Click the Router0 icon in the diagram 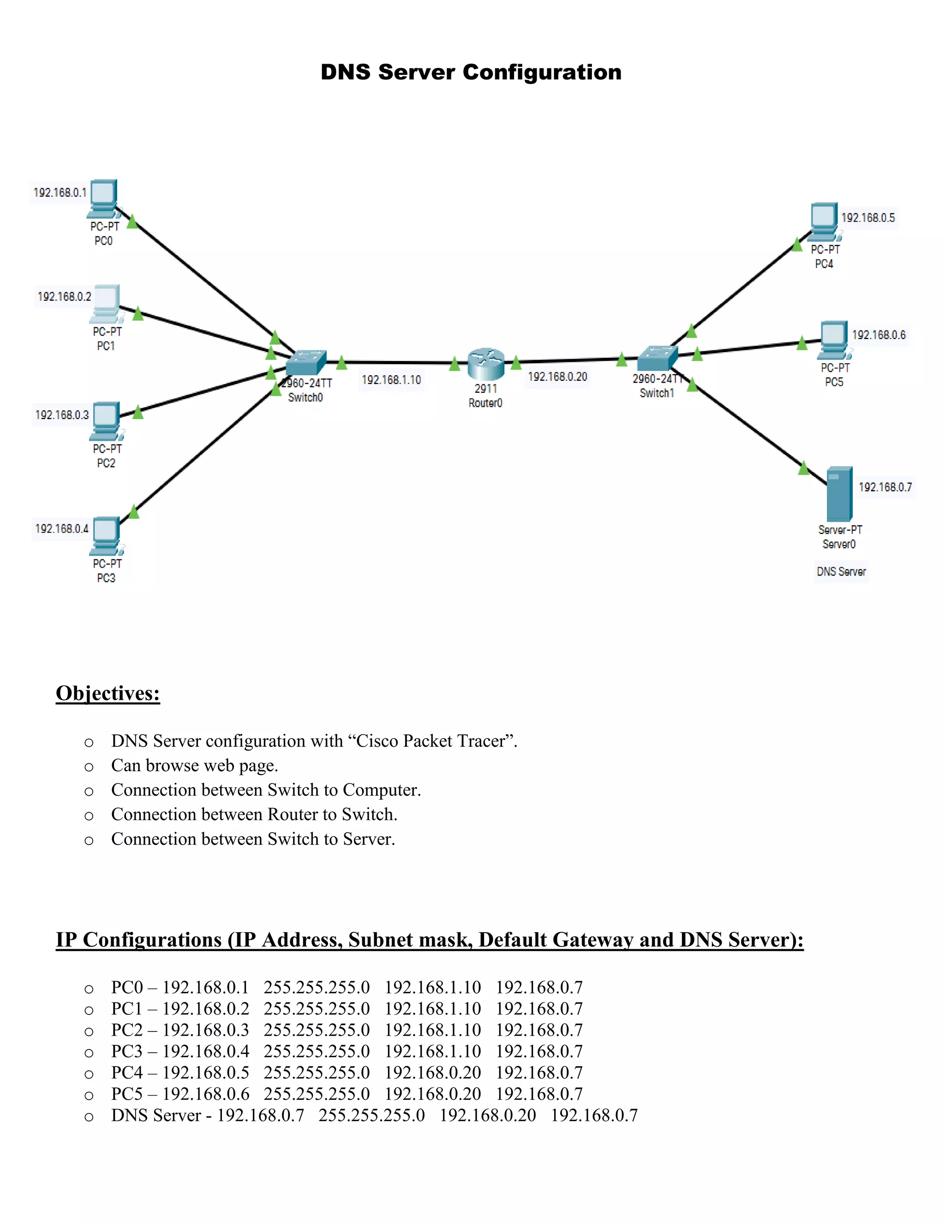point(485,363)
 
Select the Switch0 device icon point(305,362)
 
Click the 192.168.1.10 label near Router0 point(391,380)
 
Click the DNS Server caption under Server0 point(841,572)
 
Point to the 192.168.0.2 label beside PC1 point(64,297)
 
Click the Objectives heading point(108,693)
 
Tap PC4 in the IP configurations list point(126,1073)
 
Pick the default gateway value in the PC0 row point(432,987)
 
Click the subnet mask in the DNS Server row point(372,1115)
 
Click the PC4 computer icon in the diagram point(824,222)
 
